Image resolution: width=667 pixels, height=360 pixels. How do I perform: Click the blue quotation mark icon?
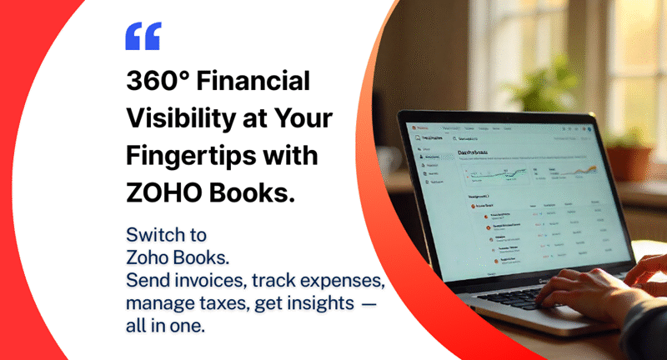pos(142,36)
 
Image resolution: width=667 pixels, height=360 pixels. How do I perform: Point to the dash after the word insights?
pos(369,302)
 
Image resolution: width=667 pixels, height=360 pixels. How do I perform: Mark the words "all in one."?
pos(164,326)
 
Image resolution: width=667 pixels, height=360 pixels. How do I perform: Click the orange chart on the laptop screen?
pos(584,169)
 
